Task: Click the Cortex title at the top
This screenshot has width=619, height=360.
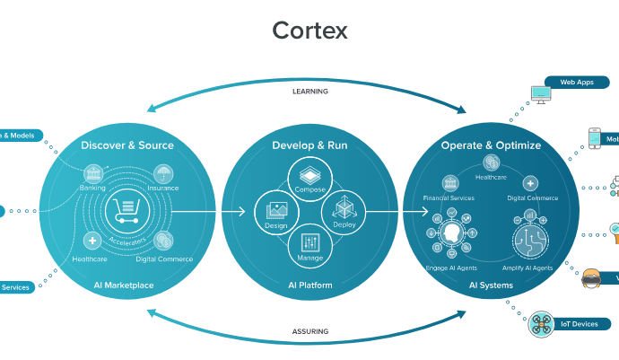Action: [309, 31]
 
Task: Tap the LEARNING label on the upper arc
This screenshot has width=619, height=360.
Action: [309, 92]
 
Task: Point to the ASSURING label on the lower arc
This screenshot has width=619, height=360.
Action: [309, 331]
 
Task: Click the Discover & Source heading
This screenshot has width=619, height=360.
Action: [127, 145]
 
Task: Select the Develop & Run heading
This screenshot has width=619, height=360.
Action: [309, 145]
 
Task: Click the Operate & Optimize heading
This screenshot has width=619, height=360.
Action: [491, 145]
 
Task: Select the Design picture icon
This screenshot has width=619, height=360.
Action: [275, 211]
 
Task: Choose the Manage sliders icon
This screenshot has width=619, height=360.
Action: [309, 242]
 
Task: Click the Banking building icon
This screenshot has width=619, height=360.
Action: [92, 174]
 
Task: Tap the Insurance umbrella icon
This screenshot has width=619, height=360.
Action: [163, 173]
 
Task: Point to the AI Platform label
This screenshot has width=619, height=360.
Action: [309, 285]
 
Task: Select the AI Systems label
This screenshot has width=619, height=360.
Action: [491, 285]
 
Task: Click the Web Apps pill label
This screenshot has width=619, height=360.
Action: [577, 82]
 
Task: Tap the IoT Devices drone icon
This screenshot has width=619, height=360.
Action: [540, 322]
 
